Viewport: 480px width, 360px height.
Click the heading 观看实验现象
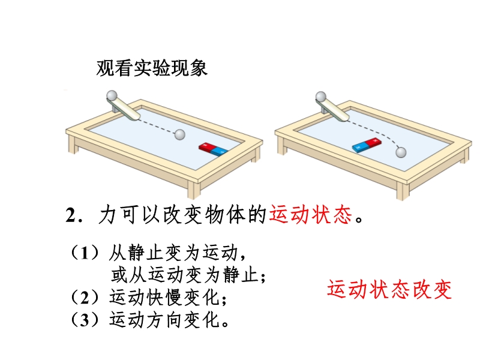[152, 68]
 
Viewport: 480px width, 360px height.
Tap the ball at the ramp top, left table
[112, 95]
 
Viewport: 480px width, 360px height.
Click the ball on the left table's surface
[179, 134]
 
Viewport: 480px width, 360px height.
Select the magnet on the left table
[214, 149]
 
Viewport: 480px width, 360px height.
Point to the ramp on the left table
[124, 108]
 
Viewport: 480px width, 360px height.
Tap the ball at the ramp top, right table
[321, 97]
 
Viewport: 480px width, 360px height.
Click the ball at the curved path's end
[401, 152]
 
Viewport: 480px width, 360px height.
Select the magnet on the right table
[367, 145]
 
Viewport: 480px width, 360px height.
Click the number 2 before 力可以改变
[70, 215]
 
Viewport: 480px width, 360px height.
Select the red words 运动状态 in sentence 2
[311, 215]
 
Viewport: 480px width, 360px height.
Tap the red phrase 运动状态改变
[389, 289]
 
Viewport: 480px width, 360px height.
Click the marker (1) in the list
[85, 253]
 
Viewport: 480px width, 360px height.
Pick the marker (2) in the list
[85, 297]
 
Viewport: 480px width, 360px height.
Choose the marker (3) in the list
[85, 320]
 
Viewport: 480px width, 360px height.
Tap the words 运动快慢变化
[164, 297]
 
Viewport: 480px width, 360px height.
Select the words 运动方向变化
[164, 320]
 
